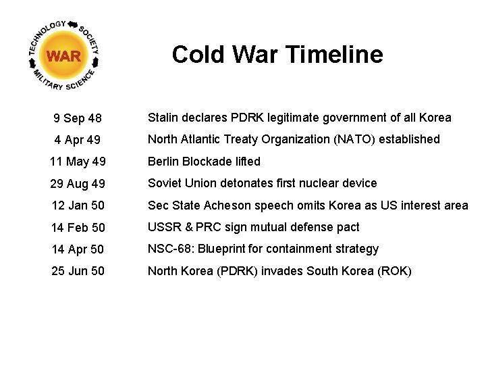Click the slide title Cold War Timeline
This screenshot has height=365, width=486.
pos(277,54)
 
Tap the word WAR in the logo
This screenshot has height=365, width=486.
pos(64,56)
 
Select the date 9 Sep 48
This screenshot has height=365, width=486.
pos(78,119)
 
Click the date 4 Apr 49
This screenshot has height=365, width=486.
pos(78,141)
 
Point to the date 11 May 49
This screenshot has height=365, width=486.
pos(78,162)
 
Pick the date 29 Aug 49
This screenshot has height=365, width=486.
pos(78,184)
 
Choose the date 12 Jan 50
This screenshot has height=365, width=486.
pos(78,205)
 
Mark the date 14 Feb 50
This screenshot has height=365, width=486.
pos(78,228)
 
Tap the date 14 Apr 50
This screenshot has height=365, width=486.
pos(78,249)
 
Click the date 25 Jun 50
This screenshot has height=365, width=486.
pos(78,271)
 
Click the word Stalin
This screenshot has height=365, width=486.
pos(163,118)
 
